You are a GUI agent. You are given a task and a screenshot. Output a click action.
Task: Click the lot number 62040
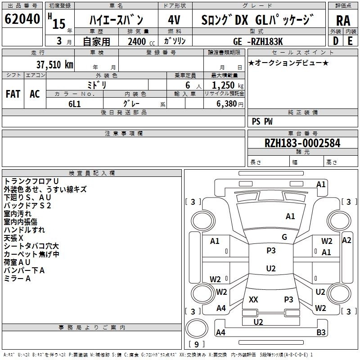pos(22,19)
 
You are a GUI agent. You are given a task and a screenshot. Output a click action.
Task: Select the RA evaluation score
pos(343,21)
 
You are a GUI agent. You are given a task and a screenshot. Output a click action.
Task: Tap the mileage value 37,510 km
pos(54,64)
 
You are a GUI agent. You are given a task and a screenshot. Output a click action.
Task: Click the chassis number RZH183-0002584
pos(302,143)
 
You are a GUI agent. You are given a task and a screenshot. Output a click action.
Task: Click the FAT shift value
pos(13,94)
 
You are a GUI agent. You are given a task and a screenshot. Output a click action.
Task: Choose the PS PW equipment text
pos(262,121)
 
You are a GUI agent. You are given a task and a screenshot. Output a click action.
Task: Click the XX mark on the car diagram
pos(253,299)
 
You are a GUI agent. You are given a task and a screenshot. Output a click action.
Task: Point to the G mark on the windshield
pos(284,237)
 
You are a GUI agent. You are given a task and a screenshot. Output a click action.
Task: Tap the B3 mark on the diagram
pos(321,333)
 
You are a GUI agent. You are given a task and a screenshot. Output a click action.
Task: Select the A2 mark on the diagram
pos(346,240)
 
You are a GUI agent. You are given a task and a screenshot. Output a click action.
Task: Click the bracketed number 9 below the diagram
pos(196,345)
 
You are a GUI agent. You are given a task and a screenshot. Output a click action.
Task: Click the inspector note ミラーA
pos(17,279)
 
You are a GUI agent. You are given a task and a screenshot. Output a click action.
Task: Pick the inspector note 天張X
pos(13,238)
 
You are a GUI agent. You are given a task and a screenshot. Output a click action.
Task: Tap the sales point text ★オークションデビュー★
pos(288,63)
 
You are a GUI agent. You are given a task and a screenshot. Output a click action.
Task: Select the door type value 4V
pos(174,21)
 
